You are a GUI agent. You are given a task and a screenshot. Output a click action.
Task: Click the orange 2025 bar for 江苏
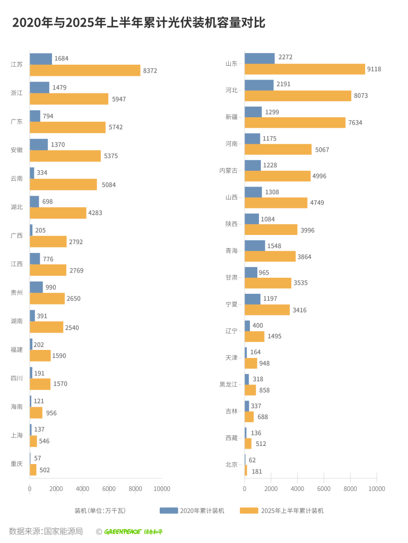pos(85,71)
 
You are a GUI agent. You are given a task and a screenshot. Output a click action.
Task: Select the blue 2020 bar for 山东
pos(259,58)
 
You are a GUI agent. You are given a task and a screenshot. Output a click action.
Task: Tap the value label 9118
pos(374,69)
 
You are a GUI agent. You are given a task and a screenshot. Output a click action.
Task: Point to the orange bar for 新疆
pos(295,122)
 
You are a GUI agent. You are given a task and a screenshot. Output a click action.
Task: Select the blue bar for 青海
pos(255,246)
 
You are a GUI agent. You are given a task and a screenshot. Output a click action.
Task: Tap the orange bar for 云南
pos(63,185)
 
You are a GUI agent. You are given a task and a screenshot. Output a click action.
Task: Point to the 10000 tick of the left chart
pos(162,488)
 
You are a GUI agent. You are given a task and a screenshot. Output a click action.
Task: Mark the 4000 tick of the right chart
pos(297,488)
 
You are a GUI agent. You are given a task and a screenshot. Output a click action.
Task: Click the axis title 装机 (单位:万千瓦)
pos(100,511)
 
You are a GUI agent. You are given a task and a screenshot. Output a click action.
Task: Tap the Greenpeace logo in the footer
pos(133,531)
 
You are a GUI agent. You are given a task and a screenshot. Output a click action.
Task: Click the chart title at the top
pos(138,23)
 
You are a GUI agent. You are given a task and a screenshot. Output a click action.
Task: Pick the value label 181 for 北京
pos(257,471)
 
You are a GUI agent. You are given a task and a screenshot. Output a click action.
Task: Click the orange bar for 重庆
pos(33,469)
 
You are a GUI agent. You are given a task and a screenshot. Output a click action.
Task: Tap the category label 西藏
pos(231,438)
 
